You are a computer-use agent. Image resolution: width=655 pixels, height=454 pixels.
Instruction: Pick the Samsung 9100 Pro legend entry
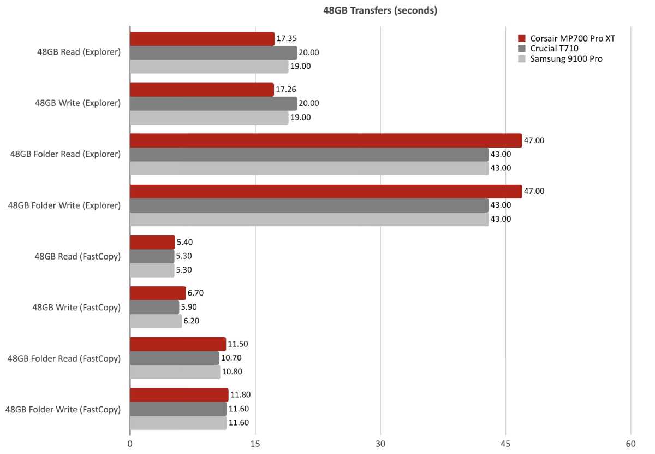click(x=562, y=59)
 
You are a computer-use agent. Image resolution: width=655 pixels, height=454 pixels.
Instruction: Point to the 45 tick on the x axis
click(x=505, y=444)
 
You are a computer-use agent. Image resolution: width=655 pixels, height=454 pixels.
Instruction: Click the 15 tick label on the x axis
click(x=255, y=444)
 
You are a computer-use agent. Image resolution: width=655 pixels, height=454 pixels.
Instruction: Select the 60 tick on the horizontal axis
click(x=630, y=444)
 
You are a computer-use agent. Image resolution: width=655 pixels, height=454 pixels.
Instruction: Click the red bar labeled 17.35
click(x=202, y=39)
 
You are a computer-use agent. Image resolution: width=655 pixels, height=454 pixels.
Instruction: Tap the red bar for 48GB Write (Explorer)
click(x=201, y=90)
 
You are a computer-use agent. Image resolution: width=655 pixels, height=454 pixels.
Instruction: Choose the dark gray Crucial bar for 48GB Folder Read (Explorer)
click(x=309, y=155)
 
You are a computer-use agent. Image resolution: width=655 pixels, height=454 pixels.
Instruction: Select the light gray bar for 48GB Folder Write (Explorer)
click(x=309, y=219)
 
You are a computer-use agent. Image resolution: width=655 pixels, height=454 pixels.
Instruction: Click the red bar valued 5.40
click(x=152, y=243)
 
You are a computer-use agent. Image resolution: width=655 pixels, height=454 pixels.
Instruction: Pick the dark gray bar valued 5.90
click(x=154, y=307)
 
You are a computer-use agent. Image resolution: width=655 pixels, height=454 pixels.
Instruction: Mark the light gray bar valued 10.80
click(x=175, y=372)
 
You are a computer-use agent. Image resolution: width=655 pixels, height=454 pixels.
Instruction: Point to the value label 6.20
click(x=192, y=321)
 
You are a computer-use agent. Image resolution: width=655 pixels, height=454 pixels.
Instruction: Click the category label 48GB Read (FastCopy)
click(x=77, y=256)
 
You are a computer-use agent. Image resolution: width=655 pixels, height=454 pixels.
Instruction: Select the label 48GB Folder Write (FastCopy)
click(x=63, y=409)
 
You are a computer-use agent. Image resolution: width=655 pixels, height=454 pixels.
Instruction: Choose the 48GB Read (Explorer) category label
click(x=77, y=52)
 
